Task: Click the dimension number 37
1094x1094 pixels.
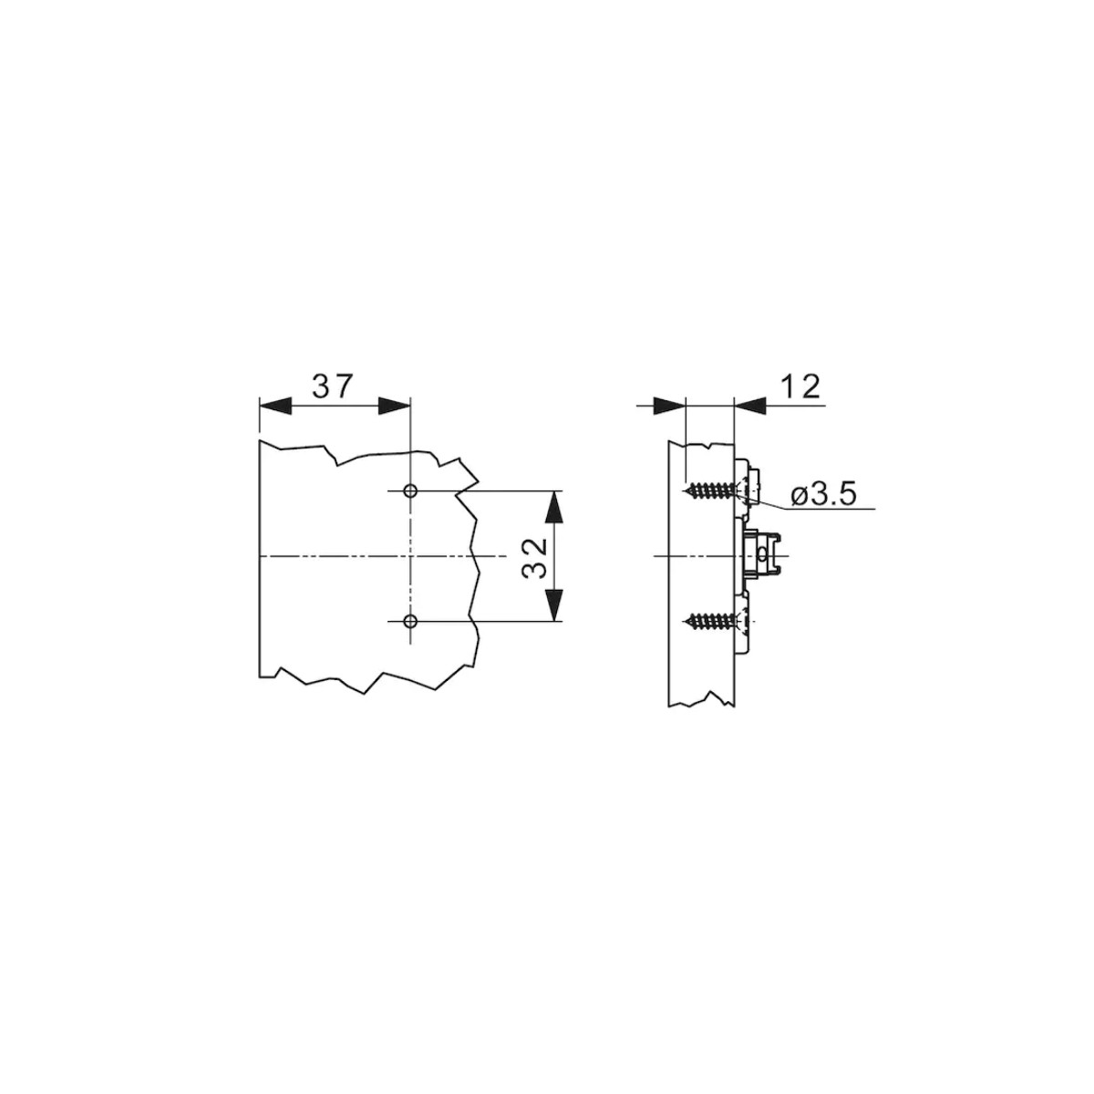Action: click(333, 386)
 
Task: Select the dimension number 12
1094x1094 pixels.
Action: click(801, 387)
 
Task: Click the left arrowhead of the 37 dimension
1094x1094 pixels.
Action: click(274, 406)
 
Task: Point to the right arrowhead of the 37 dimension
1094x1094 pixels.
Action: click(394, 406)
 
